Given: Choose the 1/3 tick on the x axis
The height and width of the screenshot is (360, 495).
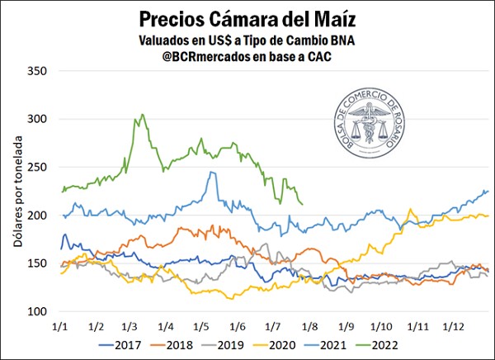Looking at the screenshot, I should point(130,326).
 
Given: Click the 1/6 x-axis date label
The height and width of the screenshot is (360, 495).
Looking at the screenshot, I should point(238,326).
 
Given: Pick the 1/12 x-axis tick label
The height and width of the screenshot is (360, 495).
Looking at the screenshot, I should point(450,326).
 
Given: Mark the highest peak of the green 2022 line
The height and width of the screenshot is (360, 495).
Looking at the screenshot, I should point(142,115).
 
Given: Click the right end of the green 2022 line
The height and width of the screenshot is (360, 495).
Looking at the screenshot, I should point(303,204).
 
